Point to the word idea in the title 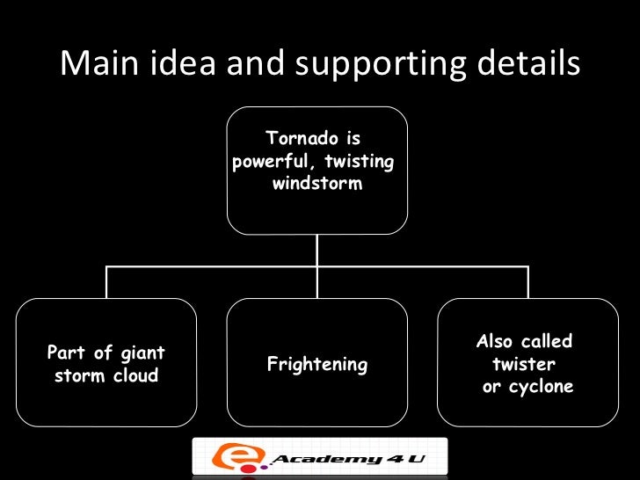click(x=176, y=63)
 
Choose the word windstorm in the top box click(x=317, y=185)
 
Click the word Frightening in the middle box click(x=316, y=365)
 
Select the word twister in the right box click(x=524, y=364)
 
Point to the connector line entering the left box click(x=106, y=283)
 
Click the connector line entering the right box click(x=528, y=283)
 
